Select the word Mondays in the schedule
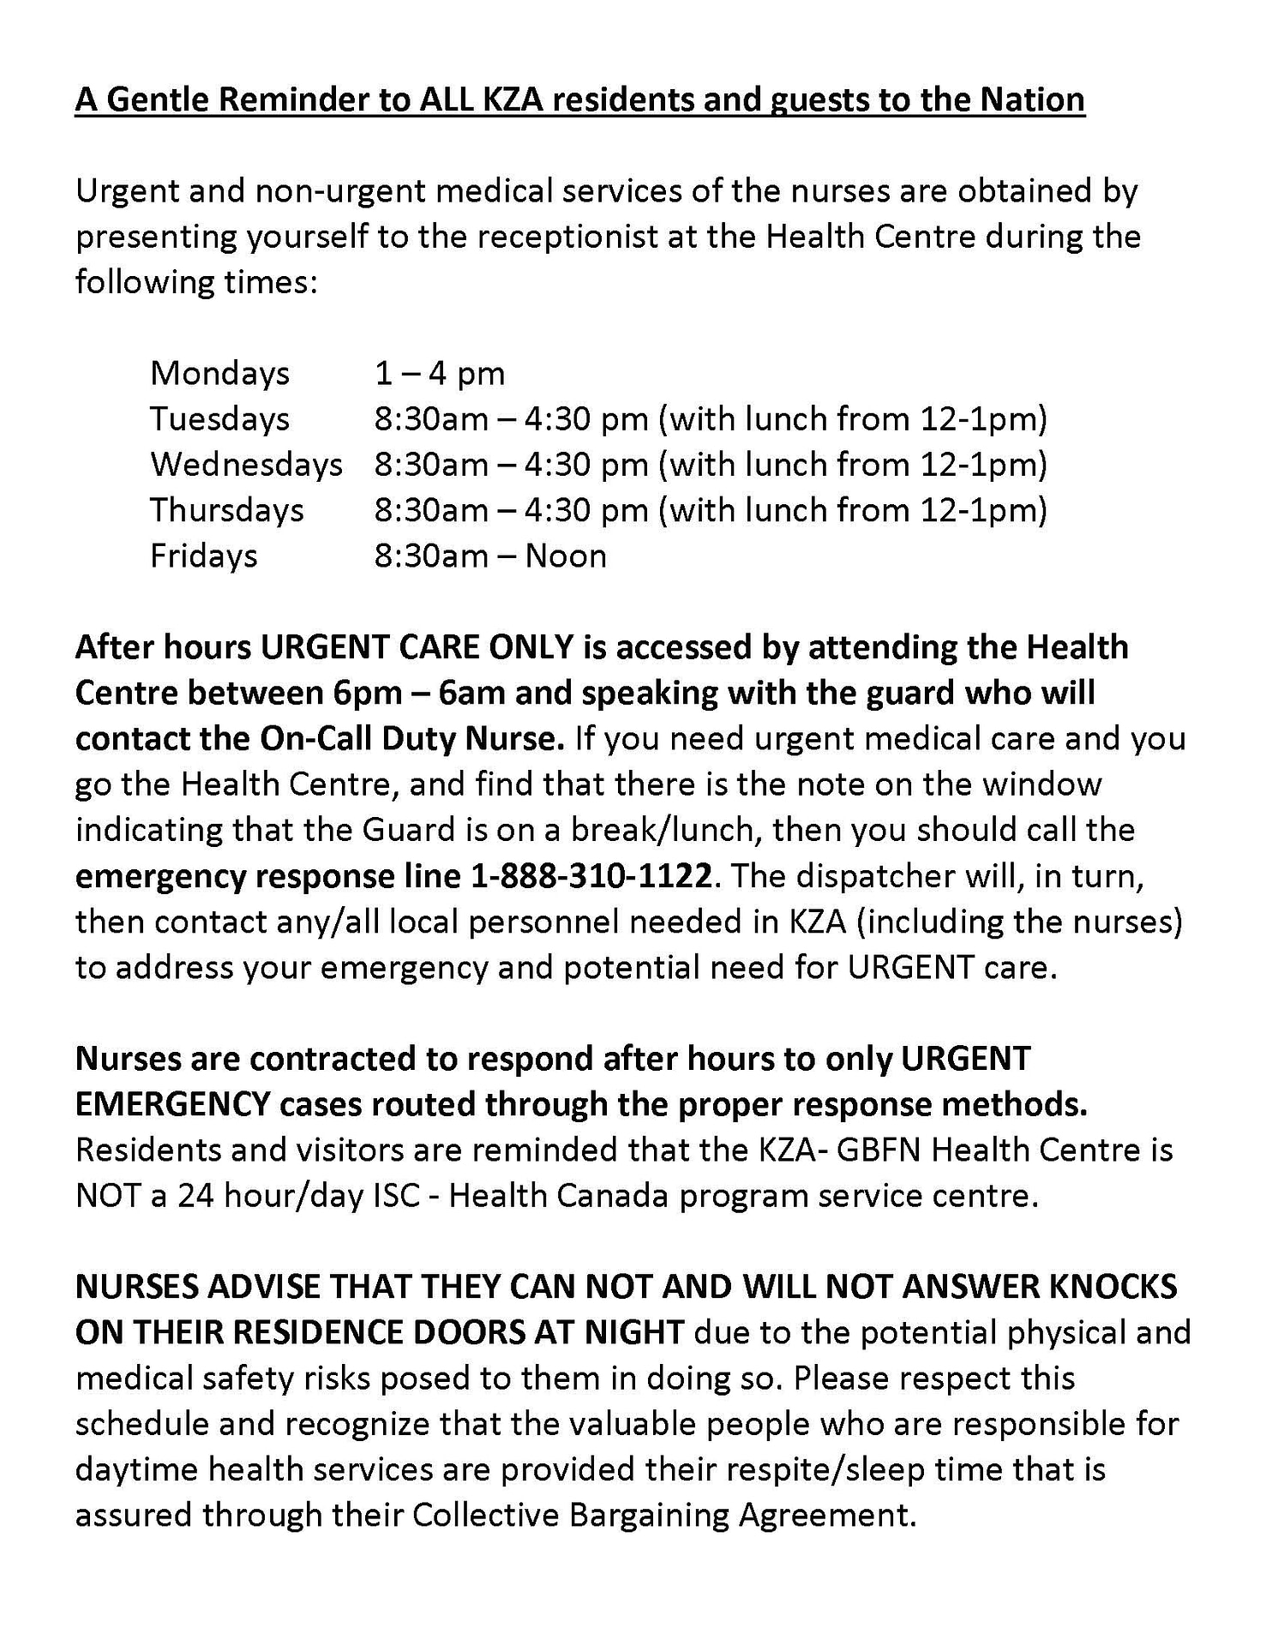[220, 374]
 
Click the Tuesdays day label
[220, 419]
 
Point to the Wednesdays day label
[247, 465]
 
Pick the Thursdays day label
[227, 510]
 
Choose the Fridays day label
[204, 556]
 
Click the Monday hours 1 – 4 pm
[440, 374]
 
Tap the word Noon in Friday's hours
[566, 556]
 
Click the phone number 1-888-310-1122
[591, 876]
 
